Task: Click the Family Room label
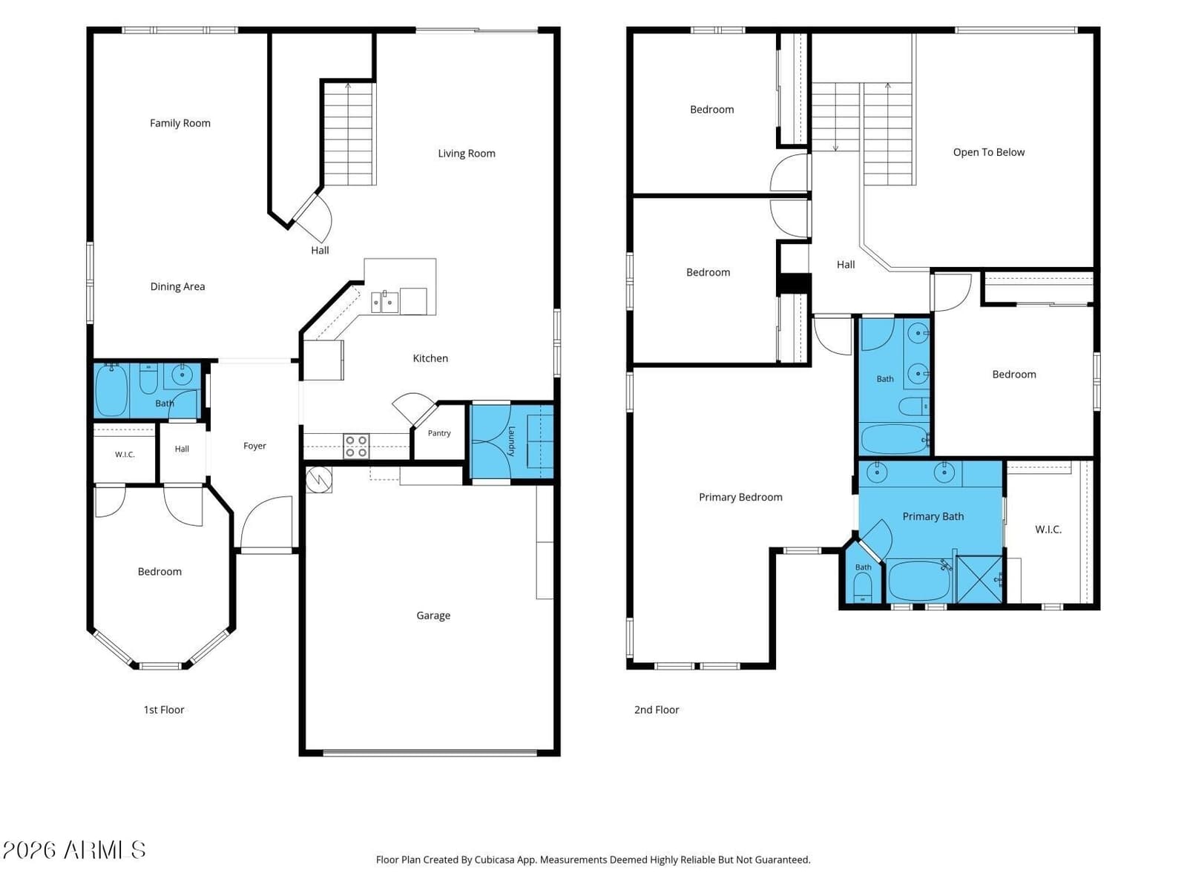[x=180, y=123]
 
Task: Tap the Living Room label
[x=467, y=154]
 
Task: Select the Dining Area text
[x=177, y=287]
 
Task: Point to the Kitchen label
[x=430, y=358]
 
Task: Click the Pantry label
[x=439, y=433]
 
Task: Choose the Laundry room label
[x=512, y=441]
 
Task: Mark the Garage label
[x=433, y=616]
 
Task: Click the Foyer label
[x=254, y=446]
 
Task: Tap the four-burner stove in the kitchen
[x=356, y=446]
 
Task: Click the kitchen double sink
[x=385, y=303]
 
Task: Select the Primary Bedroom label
[x=740, y=497]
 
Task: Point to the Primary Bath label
[x=933, y=517]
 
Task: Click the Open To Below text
[x=988, y=152]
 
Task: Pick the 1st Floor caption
[x=164, y=710]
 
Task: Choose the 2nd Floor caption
[x=657, y=710]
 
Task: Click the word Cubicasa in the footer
[x=494, y=859]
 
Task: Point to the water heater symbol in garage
[x=318, y=479]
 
